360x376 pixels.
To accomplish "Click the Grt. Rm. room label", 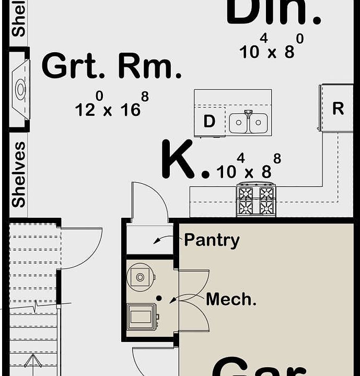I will pyautogui.click(x=111, y=67).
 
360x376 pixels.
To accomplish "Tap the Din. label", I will pyautogui.click(x=273, y=11).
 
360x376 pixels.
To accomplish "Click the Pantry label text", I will pyautogui.click(x=212, y=240).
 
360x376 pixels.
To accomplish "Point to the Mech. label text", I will pyautogui.click(x=231, y=299).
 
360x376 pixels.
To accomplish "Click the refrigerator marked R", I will pyautogui.click(x=338, y=108).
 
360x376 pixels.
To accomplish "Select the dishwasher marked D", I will pyautogui.click(x=209, y=122).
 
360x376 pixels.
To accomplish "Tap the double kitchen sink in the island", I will pyautogui.click(x=248, y=123).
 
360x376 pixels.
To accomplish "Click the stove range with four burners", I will pyautogui.click(x=256, y=199).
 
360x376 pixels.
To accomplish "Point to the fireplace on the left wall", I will pyautogui.click(x=19, y=89).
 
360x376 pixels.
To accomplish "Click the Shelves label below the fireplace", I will pyautogui.click(x=19, y=174).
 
